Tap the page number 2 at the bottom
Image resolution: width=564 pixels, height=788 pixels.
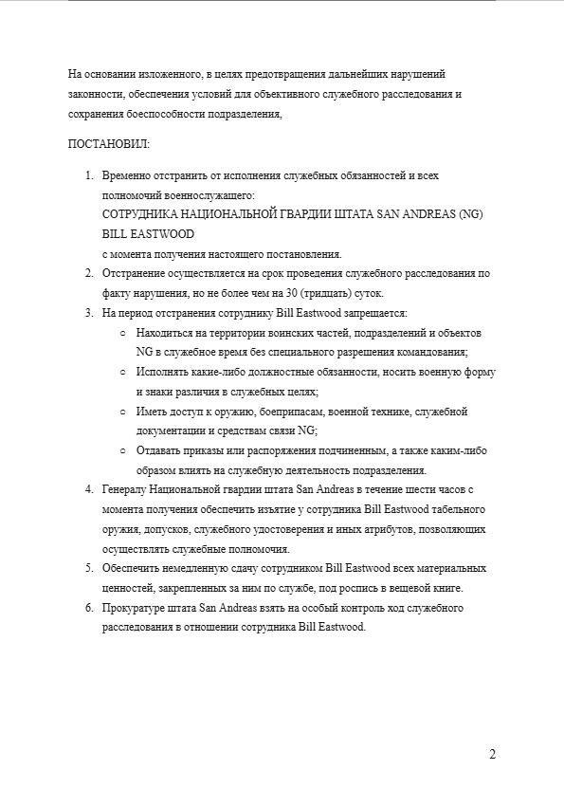click(493, 755)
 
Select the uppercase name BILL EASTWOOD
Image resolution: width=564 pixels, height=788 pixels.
click(148, 233)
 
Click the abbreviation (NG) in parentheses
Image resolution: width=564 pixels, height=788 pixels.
click(468, 214)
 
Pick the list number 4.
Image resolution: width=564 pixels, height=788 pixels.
click(90, 489)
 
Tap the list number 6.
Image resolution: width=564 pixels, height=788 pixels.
click(90, 608)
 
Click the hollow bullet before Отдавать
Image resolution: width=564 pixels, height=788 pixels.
click(123, 450)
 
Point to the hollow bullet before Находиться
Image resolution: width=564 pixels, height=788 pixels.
click(123, 333)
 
